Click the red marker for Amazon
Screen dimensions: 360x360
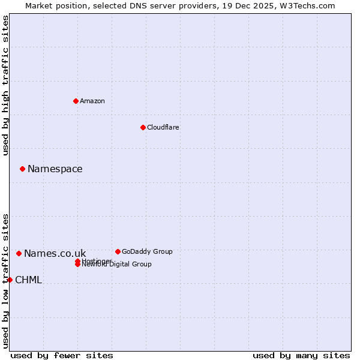[x=76, y=101]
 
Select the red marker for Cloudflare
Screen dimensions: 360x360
[x=143, y=127]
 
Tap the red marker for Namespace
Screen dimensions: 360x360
[x=22, y=169]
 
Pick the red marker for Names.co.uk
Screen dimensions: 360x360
[x=19, y=253]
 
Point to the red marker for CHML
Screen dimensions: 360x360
[x=10, y=280]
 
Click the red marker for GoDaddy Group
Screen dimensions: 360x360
[x=118, y=251]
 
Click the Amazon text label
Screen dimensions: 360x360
[x=92, y=101]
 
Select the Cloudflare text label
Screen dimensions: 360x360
[x=163, y=127]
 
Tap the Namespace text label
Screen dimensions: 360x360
[x=55, y=169]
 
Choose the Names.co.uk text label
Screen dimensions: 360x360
[x=55, y=253]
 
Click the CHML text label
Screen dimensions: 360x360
[x=28, y=280]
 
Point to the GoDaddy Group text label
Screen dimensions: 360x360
[x=146, y=251]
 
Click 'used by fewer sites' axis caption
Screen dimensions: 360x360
[x=62, y=355]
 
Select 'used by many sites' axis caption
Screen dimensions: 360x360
[x=301, y=355]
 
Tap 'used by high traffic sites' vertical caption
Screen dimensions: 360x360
[x=5, y=85]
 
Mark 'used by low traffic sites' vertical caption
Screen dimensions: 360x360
[x=5, y=280]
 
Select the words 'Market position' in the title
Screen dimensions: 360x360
[x=53, y=5]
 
